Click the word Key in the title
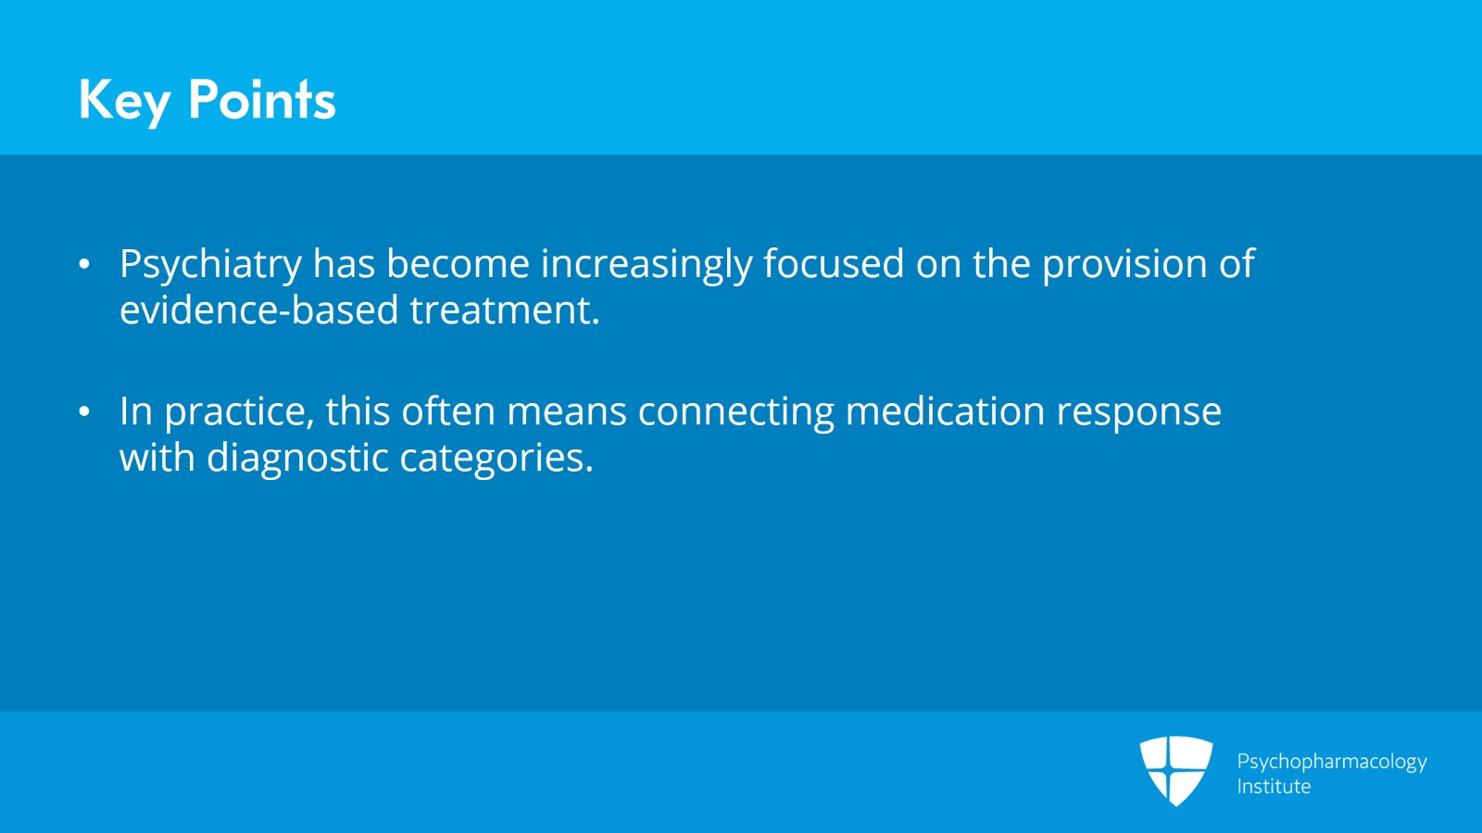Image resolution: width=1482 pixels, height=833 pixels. click(x=124, y=101)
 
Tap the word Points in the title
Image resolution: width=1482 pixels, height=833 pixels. click(x=262, y=99)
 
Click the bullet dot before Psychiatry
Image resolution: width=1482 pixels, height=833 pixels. click(x=84, y=264)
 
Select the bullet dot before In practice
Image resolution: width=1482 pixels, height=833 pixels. click(x=84, y=411)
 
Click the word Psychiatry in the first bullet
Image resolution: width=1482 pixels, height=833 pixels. click(x=211, y=265)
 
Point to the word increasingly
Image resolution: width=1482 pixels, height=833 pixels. click(x=647, y=265)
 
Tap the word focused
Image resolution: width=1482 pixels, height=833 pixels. click(x=834, y=262)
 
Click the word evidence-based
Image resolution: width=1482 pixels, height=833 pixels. click(x=258, y=309)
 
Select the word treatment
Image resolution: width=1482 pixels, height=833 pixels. click(x=505, y=309)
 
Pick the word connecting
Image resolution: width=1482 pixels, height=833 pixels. click(x=735, y=413)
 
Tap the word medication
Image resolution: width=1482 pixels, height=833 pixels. click(x=946, y=410)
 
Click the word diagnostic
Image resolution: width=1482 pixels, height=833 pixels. click(x=297, y=458)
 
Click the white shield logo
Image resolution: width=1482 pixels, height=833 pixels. click(x=1175, y=771)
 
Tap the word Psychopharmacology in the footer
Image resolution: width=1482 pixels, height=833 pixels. click(x=1332, y=763)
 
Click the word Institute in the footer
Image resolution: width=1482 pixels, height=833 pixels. click(x=1274, y=786)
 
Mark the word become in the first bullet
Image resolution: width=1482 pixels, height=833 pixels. click(x=458, y=262)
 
